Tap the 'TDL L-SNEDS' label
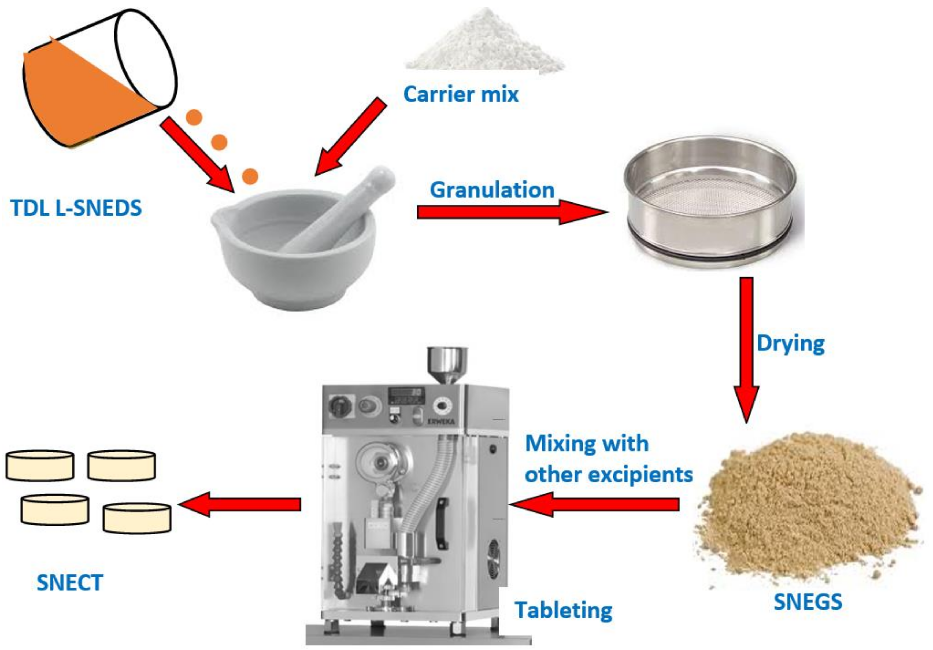(76, 208)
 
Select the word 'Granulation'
(492, 190)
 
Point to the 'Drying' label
(790, 344)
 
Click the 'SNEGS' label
(808, 602)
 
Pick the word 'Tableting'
(563, 610)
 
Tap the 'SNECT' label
(70, 583)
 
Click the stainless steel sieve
(709, 203)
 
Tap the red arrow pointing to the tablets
(240, 504)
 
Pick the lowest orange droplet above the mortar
(250, 176)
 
